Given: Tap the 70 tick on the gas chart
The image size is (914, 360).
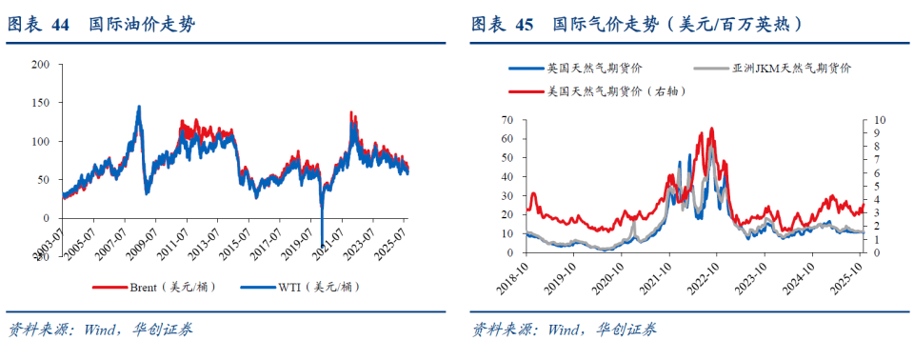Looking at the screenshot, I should point(506,120).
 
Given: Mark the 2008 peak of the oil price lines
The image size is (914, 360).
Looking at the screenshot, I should point(139,108).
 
